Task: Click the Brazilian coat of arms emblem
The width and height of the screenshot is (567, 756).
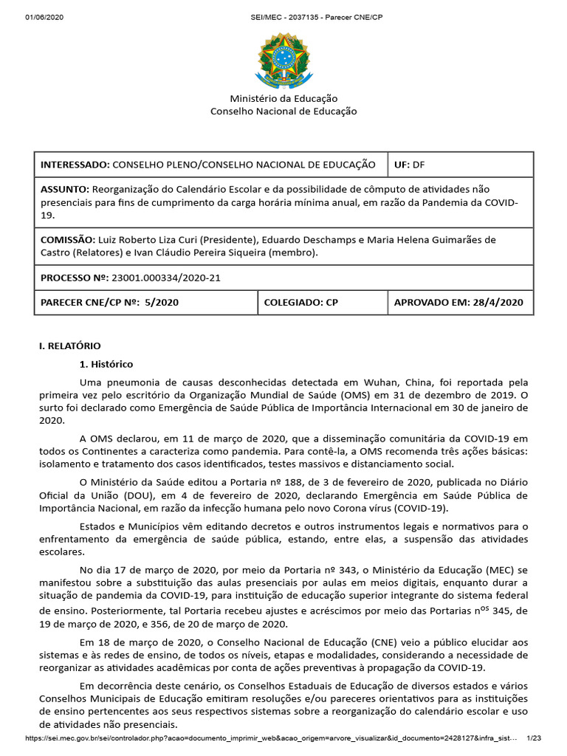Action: point(283,58)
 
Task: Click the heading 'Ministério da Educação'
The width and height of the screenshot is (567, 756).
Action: point(283,98)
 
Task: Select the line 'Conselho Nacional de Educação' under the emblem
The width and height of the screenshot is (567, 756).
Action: point(283,111)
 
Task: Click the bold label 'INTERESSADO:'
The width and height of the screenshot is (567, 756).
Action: point(75,165)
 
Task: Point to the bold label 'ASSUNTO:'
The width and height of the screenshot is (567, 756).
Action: point(65,190)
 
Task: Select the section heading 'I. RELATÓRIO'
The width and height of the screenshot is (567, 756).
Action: point(69,346)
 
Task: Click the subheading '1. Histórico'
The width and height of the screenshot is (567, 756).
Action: point(106,364)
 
